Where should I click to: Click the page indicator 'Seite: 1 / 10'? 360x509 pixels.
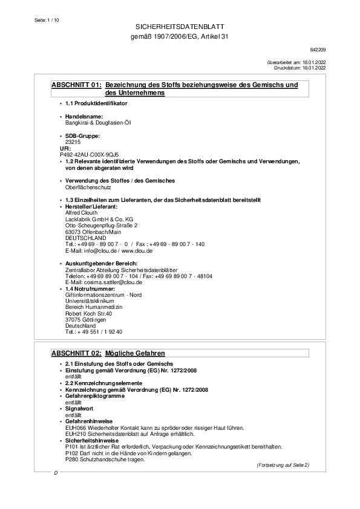pyautogui.click(x=44, y=20)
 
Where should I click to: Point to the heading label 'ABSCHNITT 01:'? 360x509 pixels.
pyautogui.click(x=76, y=85)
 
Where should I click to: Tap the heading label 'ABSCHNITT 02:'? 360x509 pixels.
pyautogui.click(x=76, y=352)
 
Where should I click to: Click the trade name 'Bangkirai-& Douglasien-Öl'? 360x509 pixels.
pyautogui.click(x=98, y=122)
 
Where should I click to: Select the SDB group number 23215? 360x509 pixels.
pyautogui.click(x=72, y=141)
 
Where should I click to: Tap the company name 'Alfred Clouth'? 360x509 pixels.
pyautogui.click(x=81, y=213)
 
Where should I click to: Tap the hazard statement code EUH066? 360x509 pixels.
pyautogui.click(x=75, y=427)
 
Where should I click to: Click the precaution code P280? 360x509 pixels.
pyautogui.click(x=71, y=459)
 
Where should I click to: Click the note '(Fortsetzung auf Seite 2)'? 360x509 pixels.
pyautogui.click(x=283, y=465)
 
